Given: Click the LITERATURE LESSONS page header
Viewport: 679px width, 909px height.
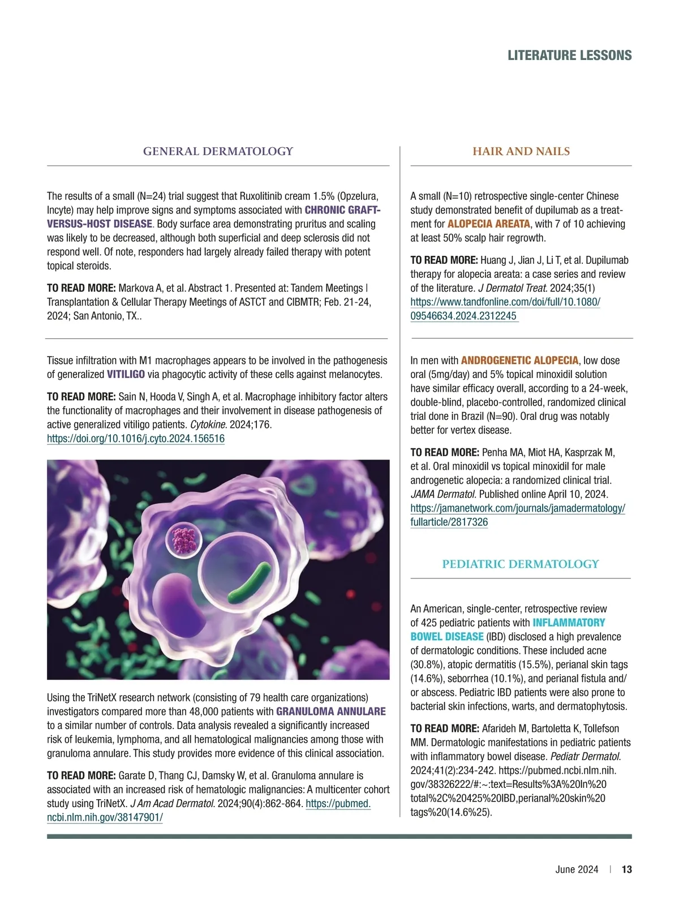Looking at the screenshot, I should [x=569, y=55].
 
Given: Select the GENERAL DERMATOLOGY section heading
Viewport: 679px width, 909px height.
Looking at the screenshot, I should [x=218, y=151].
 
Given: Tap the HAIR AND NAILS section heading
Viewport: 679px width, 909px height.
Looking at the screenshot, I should [x=521, y=151].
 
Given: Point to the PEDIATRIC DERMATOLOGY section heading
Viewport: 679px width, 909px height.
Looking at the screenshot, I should [x=521, y=564].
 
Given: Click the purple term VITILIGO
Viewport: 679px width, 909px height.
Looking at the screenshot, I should [x=126, y=374].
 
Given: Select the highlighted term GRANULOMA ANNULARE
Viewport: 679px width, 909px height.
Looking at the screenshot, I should [x=331, y=711].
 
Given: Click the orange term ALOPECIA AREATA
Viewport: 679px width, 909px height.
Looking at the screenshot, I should [x=489, y=224].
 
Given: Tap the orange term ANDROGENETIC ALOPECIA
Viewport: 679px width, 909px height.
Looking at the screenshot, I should [x=519, y=361].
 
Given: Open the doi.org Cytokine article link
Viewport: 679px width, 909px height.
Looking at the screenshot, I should [x=136, y=439].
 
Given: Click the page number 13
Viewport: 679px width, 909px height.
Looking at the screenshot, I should [x=626, y=869].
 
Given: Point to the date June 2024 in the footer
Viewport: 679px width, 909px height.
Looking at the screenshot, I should [x=577, y=869].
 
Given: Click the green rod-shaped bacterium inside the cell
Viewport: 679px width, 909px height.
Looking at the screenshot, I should [x=248, y=583].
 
